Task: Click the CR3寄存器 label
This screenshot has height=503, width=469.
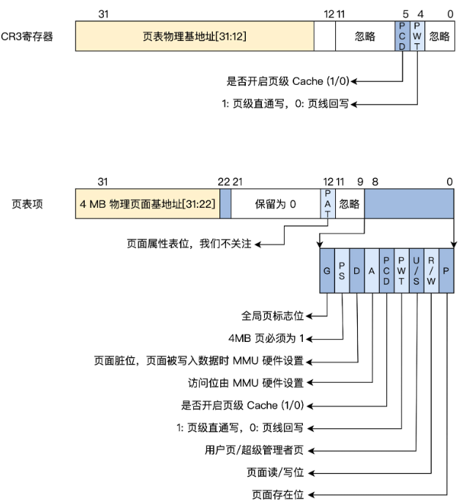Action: coord(29,36)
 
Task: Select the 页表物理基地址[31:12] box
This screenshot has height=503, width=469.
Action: coord(195,36)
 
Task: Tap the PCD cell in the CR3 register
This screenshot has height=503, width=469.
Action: coord(402,36)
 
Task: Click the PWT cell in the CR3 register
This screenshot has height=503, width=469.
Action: coord(416,36)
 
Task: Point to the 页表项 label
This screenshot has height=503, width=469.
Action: coord(29,204)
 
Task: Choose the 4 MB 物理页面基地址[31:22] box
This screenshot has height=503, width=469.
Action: coord(147,204)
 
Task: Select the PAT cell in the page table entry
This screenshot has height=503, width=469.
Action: coord(327,204)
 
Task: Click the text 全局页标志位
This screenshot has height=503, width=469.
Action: coord(271,316)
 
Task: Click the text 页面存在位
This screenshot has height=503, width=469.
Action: coord(275,494)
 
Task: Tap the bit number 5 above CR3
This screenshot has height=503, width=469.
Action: coord(405,14)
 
